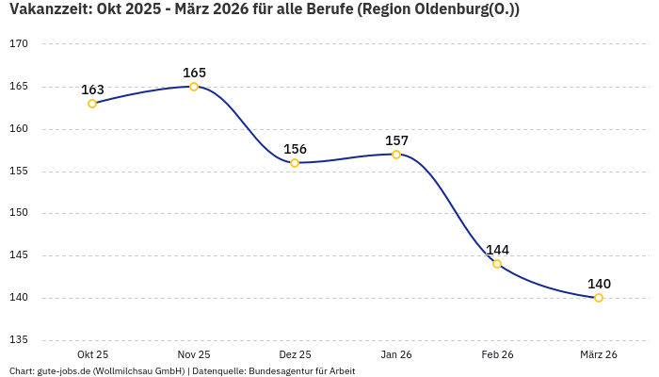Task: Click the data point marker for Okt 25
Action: pyautogui.click(x=92, y=104)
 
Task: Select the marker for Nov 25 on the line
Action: pyautogui.click(x=194, y=87)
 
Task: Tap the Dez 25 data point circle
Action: pyautogui.click(x=295, y=163)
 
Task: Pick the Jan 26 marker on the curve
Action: pyautogui.click(x=396, y=155)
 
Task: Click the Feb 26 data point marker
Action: pyautogui.click(x=497, y=264)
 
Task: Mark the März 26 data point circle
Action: pyautogui.click(x=599, y=298)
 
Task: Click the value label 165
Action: pyautogui.click(x=194, y=73)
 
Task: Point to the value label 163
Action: pyautogui.click(x=92, y=90)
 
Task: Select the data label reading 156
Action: pyautogui.click(x=295, y=149)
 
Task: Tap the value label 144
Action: pyautogui.click(x=497, y=250)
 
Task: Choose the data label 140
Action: pyautogui.click(x=599, y=284)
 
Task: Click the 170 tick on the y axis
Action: pyautogui.click(x=20, y=44)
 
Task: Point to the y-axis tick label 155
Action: pyautogui.click(x=20, y=172)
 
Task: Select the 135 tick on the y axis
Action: pyautogui.click(x=20, y=340)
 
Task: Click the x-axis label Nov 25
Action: pyautogui.click(x=194, y=354)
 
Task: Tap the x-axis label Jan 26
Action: pyautogui.click(x=396, y=354)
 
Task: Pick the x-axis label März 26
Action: pyautogui.click(x=599, y=354)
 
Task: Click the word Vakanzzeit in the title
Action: pyautogui.click(x=46, y=9)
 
